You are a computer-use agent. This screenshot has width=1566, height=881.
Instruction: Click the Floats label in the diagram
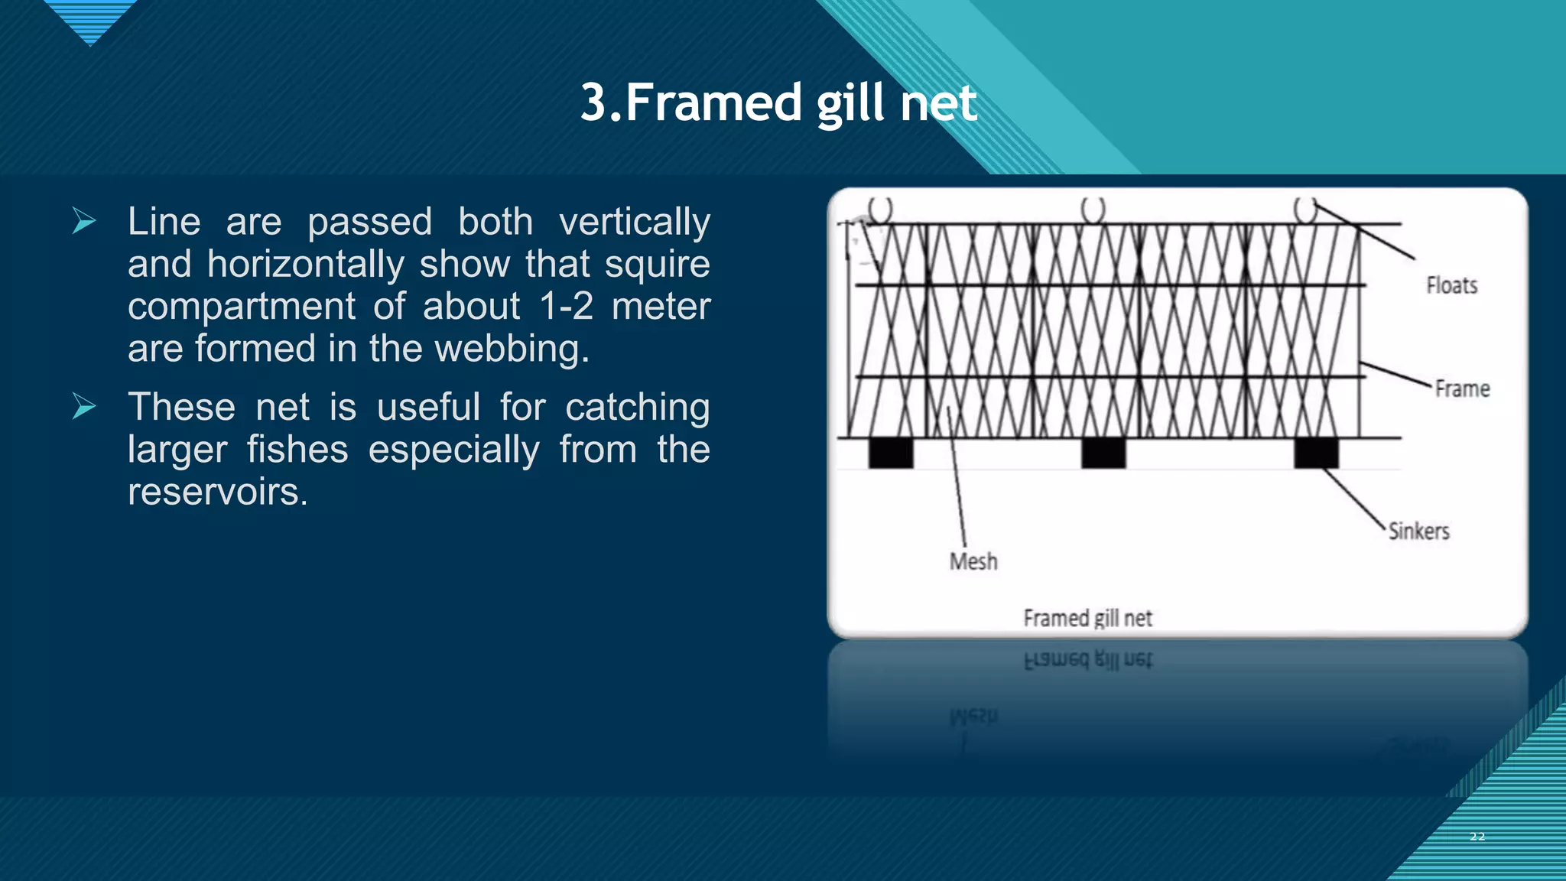1451,285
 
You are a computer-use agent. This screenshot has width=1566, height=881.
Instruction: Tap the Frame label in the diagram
1461,388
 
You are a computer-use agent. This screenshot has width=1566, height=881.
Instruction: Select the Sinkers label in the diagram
1418,531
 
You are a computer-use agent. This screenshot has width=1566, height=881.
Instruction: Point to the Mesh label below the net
973,561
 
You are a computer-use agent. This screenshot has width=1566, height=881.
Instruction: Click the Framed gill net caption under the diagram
1087,618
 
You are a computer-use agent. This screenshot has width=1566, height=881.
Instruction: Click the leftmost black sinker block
891,452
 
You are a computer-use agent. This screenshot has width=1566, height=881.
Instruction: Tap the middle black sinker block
1103,452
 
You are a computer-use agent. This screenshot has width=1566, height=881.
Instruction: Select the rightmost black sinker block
1316,452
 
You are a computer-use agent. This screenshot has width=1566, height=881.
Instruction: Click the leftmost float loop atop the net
880,209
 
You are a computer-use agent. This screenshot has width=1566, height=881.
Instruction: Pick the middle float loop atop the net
1093,209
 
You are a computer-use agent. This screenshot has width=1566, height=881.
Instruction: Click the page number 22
1477,837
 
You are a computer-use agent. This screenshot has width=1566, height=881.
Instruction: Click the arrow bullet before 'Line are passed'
83,221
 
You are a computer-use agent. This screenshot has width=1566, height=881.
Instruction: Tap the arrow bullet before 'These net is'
83,406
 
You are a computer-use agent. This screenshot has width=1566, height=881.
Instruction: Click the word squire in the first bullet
657,264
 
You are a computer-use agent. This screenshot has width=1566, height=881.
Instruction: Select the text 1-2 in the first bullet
566,306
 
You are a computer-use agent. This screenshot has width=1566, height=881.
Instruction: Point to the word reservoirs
217,491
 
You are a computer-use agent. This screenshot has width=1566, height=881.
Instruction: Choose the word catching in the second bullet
637,407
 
